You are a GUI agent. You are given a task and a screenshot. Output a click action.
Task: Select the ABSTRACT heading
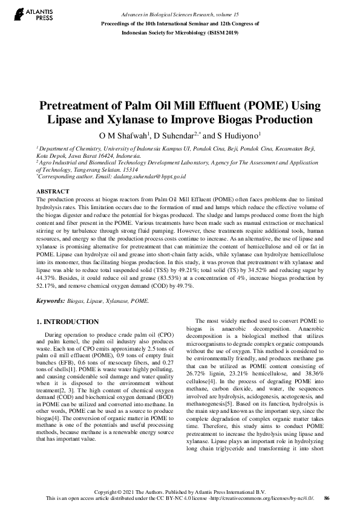tap(53, 191)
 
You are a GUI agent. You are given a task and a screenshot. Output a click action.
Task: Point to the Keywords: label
tap(50, 300)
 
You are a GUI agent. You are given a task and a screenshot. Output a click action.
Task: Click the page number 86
tap(327, 498)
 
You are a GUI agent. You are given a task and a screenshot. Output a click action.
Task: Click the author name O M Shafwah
tap(123, 134)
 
